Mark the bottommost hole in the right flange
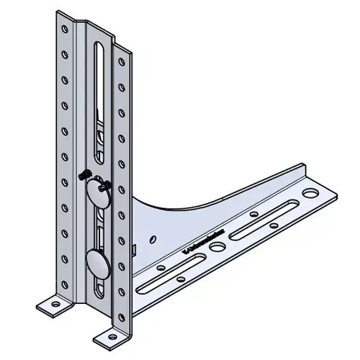pyautogui.click(x=120, y=308)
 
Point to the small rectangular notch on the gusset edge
pyautogui.click(x=135, y=249)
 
